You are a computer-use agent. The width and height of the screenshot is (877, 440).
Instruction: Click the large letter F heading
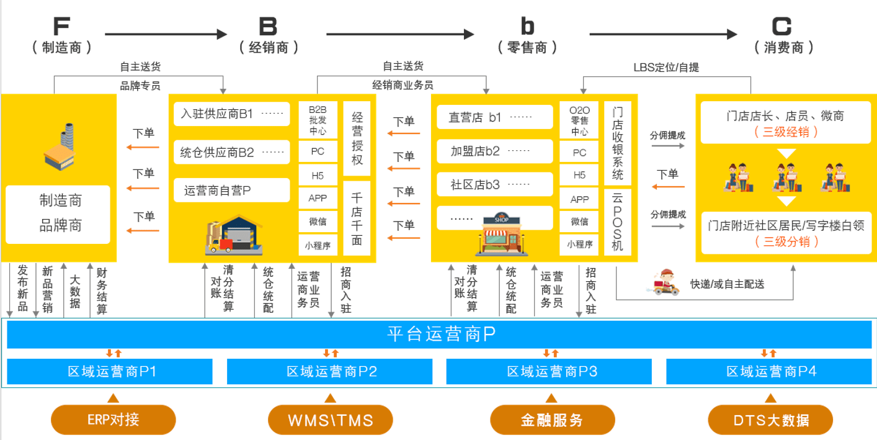[x=61, y=27]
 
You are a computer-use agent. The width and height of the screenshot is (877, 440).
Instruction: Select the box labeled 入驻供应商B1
[x=231, y=114]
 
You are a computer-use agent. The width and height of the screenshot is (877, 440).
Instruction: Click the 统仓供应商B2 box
[x=231, y=152]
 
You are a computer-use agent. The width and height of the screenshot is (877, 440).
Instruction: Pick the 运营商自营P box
[x=231, y=191]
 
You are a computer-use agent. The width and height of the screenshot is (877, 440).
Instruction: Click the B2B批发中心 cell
[x=318, y=119]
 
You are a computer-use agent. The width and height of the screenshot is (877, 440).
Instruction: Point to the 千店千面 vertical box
[x=357, y=218]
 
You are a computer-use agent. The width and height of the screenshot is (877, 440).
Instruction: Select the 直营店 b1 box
[x=494, y=117]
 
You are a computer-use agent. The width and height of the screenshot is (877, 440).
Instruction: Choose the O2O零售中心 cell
[x=579, y=119]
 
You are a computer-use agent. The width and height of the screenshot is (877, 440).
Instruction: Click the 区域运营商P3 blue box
[x=550, y=372]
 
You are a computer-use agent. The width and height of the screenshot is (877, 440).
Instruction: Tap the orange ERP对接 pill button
[x=114, y=420]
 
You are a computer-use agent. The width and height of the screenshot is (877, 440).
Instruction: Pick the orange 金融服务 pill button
[x=552, y=420]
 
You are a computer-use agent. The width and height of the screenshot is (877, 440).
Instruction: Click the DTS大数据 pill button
[x=770, y=420]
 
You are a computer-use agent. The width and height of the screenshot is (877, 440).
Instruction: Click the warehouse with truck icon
[x=233, y=235]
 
